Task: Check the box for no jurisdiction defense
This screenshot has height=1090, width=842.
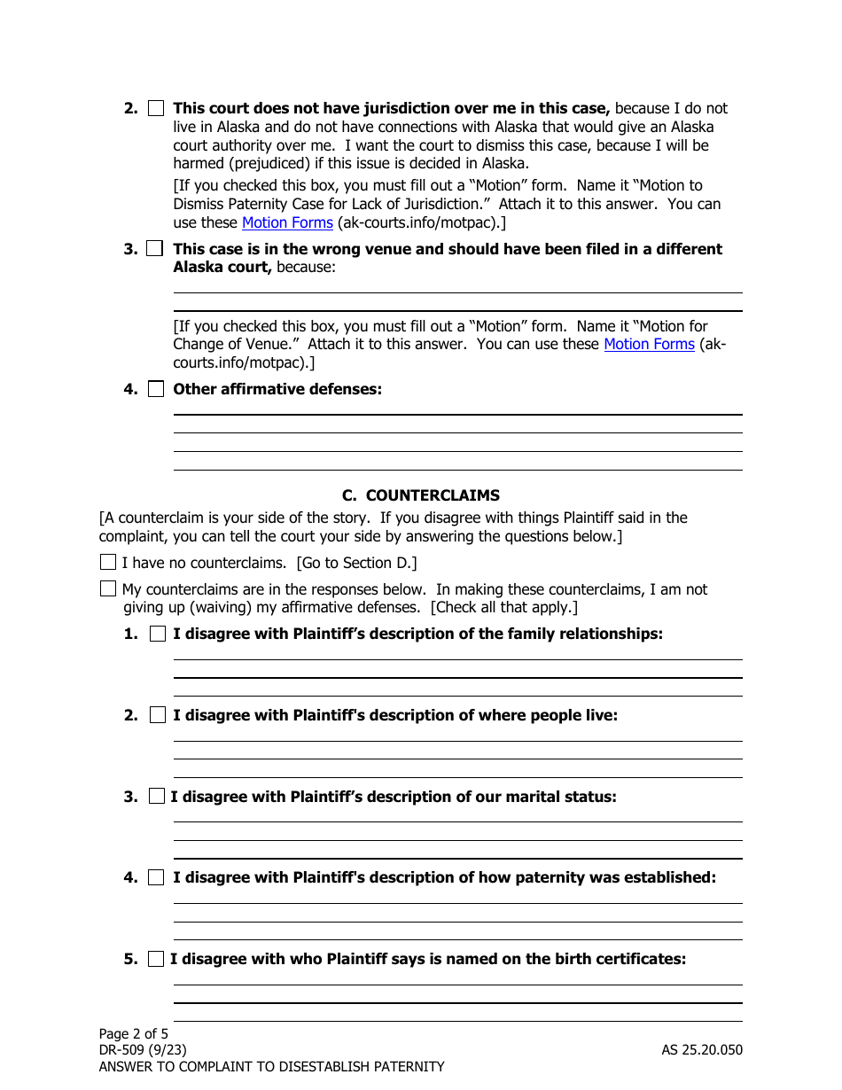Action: [x=156, y=108]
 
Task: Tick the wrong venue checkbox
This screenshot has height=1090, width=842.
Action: [x=156, y=249]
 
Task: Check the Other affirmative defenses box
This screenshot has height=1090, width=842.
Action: [x=156, y=389]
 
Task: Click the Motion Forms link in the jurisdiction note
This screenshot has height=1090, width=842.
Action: [x=287, y=222]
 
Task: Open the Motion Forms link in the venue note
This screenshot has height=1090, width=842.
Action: [x=649, y=344]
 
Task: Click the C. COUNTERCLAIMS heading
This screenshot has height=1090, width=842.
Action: [x=420, y=495]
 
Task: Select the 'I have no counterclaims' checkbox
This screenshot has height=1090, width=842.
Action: [x=108, y=562]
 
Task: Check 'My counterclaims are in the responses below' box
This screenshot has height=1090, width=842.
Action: [x=108, y=588]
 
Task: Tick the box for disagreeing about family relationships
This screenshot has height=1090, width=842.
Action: [x=158, y=634]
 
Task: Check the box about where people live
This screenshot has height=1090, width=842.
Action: [x=158, y=715]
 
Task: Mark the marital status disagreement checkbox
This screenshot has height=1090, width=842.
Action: [x=157, y=797]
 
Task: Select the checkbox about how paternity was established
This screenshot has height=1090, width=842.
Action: [x=156, y=877]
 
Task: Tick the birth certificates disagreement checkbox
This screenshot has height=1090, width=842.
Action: [x=157, y=959]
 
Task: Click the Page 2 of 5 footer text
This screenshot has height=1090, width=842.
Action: [x=133, y=1033]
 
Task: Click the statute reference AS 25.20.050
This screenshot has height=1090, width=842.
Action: [x=701, y=1050]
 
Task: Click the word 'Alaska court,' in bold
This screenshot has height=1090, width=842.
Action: [x=222, y=267]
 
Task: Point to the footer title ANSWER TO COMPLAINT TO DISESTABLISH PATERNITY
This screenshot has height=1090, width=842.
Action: [x=271, y=1067]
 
